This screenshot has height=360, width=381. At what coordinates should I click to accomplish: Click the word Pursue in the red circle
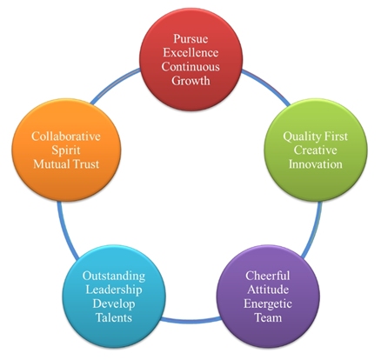point(190,38)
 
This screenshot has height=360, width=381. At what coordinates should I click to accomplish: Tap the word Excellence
point(190,53)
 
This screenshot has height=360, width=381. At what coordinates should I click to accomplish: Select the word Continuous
point(190,67)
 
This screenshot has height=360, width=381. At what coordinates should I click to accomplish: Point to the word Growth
point(190,81)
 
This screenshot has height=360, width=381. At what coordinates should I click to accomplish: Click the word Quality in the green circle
point(300,137)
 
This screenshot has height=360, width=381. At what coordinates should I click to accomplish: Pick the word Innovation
point(316,164)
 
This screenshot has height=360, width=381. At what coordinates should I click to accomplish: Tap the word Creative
point(316,150)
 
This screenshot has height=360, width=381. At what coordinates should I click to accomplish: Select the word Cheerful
point(268,276)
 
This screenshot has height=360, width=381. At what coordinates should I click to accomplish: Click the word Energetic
point(268,303)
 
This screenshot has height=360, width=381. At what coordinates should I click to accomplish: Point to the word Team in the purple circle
point(268,317)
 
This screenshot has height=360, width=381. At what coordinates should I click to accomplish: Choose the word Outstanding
point(114,276)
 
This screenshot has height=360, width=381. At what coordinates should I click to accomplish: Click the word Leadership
point(114,290)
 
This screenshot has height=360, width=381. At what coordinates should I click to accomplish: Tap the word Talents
point(114,317)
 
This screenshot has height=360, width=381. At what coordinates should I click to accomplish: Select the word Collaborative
point(66,137)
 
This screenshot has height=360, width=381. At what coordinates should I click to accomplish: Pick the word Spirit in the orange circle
point(66,150)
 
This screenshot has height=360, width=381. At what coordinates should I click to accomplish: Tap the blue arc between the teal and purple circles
point(190,320)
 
